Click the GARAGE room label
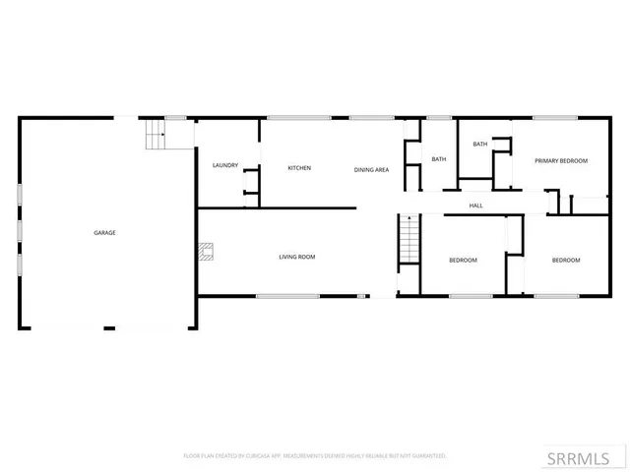(105, 233)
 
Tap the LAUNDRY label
(225, 165)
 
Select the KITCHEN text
(299, 168)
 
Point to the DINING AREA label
(372, 170)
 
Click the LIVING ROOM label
(296, 258)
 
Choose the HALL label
(475, 206)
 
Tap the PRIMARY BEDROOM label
(561, 160)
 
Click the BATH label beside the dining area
(439, 159)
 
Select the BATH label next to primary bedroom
(480, 145)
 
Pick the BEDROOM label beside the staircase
(463, 260)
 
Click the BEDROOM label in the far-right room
(565, 260)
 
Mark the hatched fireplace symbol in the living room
(205, 253)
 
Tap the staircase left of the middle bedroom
(409, 241)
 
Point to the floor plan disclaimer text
(315, 456)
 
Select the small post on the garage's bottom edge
(108, 327)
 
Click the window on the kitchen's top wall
(299, 118)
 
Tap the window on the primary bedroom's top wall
(554, 118)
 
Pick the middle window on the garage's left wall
(20, 232)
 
